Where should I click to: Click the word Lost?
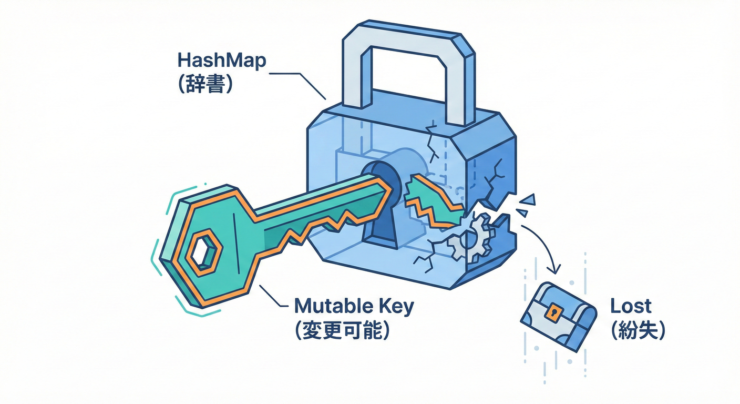pyautogui.click(x=631, y=306)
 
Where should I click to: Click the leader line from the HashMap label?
pyautogui.click(x=300, y=79)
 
